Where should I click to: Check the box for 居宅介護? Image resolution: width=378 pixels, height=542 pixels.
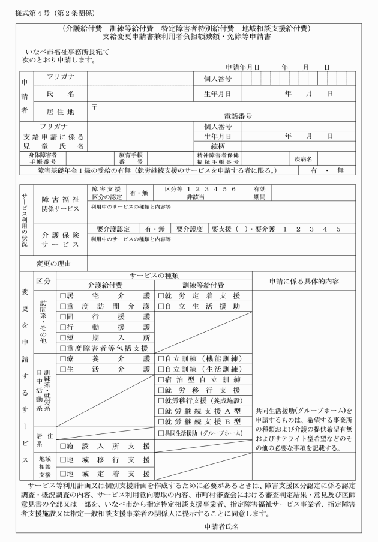click(x=63, y=295)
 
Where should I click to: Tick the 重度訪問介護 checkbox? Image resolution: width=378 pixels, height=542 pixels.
click(x=63, y=306)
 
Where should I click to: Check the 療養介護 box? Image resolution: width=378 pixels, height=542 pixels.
click(x=63, y=358)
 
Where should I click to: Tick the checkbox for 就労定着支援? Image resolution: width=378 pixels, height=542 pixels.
click(x=161, y=295)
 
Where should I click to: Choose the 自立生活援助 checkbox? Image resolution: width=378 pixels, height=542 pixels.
click(x=161, y=306)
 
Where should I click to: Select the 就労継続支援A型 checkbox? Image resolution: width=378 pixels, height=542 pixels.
click(x=161, y=411)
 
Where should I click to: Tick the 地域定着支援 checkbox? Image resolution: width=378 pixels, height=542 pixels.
click(x=63, y=472)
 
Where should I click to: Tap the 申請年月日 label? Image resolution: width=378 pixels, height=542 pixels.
click(x=241, y=68)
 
